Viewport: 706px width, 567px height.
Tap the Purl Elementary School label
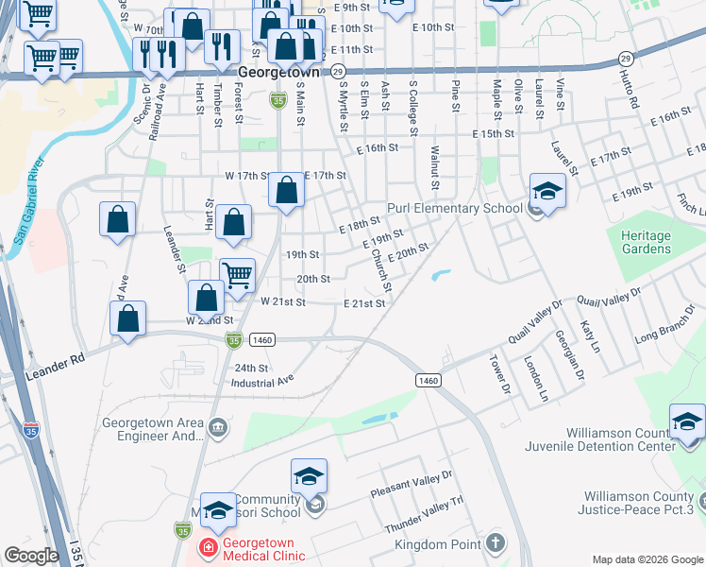pos(454,209)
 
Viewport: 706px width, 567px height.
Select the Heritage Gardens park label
pos(647,242)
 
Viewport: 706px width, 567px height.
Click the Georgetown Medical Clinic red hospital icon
pos(206,546)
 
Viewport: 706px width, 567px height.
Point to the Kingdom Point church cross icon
pos(496,544)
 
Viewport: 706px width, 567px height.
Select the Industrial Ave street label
pos(263,383)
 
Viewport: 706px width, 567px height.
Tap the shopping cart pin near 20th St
pos(237,275)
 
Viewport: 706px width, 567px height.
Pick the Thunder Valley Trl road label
pos(424,515)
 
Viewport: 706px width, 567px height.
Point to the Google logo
pos(31,556)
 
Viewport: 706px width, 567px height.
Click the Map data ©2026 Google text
pos(647,559)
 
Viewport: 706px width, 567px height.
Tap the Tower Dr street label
pos(496,369)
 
